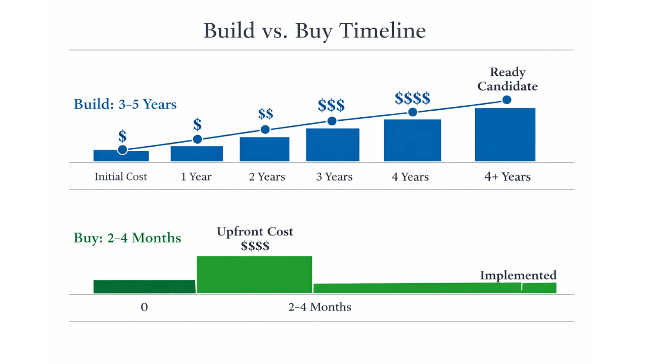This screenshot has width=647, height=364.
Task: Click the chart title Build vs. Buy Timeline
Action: click(314, 31)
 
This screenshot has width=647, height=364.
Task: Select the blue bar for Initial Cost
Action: click(121, 156)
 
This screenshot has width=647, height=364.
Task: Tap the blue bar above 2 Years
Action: click(264, 149)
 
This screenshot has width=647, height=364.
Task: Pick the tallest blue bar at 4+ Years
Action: click(505, 135)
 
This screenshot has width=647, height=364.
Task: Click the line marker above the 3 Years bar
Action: click(332, 121)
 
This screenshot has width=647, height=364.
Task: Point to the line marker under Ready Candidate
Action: click(506, 100)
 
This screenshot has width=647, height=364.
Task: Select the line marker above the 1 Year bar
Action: click(198, 139)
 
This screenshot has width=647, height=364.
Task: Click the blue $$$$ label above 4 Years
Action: click(412, 97)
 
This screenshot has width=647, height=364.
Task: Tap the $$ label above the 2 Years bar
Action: click(265, 113)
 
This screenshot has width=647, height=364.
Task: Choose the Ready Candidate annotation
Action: click(507, 79)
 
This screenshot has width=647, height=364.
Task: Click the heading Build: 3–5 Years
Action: click(125, 105)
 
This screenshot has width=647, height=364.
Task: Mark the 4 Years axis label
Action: click(410, 177)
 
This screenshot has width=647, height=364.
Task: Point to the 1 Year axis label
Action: click(196, 177)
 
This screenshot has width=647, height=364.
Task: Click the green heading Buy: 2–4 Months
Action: click(127, 238)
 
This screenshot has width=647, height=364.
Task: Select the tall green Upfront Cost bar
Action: click(254, 275)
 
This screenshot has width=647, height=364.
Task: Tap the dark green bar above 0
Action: click(144, 287)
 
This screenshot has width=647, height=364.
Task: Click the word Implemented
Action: click(518, 276)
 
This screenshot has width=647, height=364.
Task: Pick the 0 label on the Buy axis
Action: click(144, 307)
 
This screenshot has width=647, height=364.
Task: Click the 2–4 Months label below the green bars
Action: click(319, 307)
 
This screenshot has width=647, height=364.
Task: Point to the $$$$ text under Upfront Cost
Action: click(255, 246)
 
